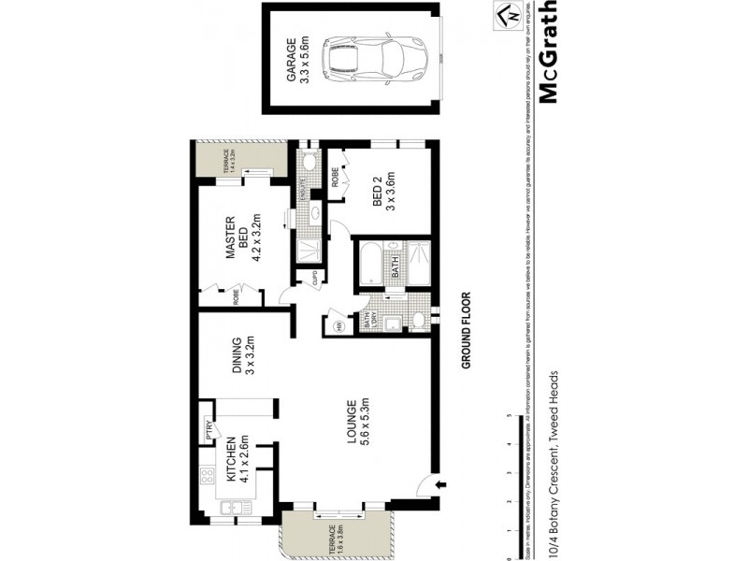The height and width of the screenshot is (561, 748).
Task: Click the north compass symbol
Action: [506, 17]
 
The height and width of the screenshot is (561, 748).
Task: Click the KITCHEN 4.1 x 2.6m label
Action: [233, 458]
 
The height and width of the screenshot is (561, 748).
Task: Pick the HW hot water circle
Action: [337, 325]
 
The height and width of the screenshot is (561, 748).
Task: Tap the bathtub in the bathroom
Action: [372, 263]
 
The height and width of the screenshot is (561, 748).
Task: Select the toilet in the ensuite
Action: [309, 165]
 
